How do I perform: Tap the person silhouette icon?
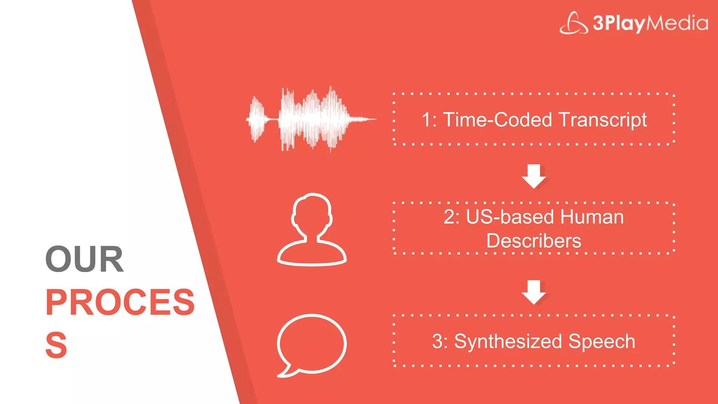[312, 229]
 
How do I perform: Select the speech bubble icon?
[311, 344]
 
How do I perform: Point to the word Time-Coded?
[498, 120]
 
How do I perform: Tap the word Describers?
[534, 241]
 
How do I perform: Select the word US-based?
[510, 217]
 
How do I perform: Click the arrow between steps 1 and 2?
[534, 176]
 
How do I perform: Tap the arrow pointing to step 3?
[534, 292]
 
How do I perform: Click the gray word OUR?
[84, 259]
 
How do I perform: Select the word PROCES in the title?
[120, 302]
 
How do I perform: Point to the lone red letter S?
[56, 345]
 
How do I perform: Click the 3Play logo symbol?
[574, 23]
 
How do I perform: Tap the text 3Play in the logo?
[619, 23]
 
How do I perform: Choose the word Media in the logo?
[677, 23]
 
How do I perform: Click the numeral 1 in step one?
[426, 120]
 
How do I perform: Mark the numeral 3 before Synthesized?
[438, 341]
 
